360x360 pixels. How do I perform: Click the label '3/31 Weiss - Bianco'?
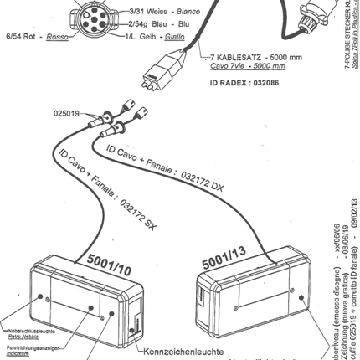pyautogui.click(x=140, y=11)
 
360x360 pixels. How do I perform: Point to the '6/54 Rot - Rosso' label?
pyautogui.click(x=36, y=38)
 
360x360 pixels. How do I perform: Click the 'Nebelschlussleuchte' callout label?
pyautogui.click(x=25, y=329)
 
